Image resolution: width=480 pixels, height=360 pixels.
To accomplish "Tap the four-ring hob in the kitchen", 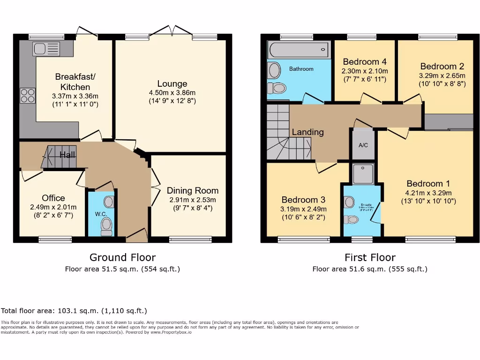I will [27, 96].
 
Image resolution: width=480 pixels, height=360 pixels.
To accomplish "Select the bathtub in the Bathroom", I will [299, 49].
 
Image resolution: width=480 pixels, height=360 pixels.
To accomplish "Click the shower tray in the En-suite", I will [363, 173].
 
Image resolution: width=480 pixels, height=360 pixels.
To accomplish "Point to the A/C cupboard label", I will [363, 145].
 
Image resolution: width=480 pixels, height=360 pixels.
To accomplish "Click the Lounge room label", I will [172, 84].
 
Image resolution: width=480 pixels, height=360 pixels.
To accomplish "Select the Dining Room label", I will [193, 191].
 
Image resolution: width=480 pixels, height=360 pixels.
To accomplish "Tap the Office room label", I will [53, 198].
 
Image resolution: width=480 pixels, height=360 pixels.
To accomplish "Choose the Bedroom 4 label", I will [364, 62].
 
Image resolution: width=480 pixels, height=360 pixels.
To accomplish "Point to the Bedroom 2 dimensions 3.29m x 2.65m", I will [442, 75].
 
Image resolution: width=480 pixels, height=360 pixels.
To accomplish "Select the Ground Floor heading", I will [122, 257].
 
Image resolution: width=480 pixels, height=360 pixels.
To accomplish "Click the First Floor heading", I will [370, 257].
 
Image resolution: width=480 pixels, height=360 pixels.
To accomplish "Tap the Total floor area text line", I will [74, 311].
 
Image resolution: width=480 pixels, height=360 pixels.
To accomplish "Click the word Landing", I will [307, 132].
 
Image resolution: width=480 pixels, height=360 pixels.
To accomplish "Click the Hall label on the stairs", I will [67, 155].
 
